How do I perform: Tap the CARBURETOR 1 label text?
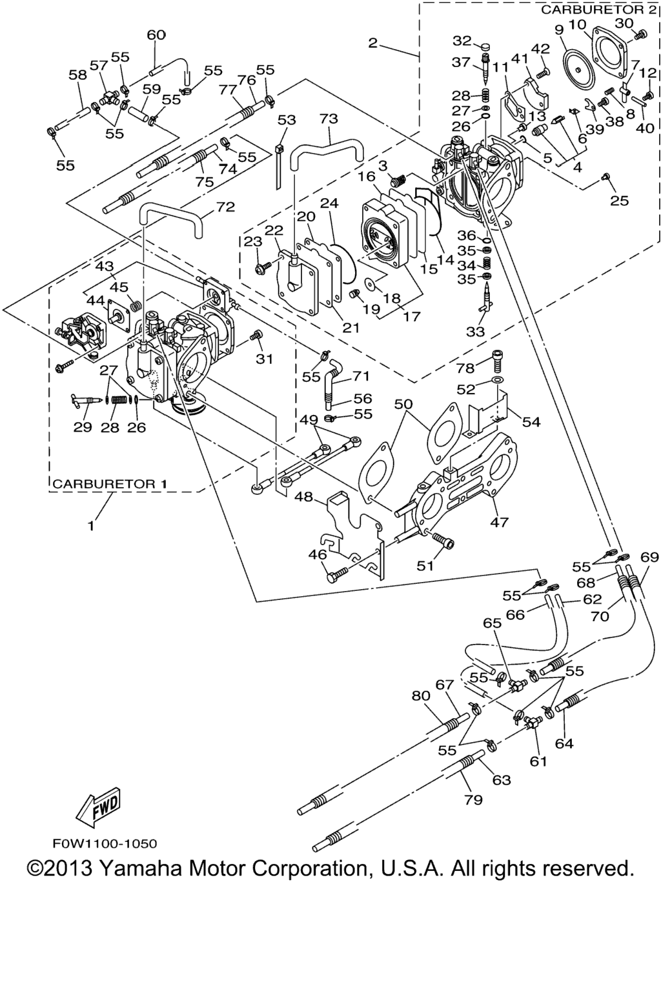click(x=110, y=483)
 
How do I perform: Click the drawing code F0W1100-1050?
click(x=105, y=843)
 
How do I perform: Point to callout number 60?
click(x=156, y=35)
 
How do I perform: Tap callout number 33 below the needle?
click(x=475, y=331)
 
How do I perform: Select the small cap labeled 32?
click(x=485, y=46)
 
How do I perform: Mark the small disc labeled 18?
click(x=371, y=283)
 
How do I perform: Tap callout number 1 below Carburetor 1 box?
click(x=91, y=526)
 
